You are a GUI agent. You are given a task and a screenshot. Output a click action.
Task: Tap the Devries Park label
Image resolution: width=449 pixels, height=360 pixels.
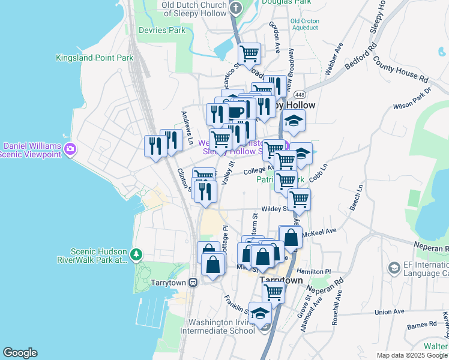coord(161,30)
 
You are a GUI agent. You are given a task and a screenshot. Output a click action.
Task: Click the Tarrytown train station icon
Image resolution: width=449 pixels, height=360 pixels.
coord(193,283)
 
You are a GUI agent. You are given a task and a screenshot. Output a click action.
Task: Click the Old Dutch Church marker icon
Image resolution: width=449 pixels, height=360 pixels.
coord(236,8)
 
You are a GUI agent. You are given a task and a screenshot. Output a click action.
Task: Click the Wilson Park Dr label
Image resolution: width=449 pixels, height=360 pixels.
coord(412,99)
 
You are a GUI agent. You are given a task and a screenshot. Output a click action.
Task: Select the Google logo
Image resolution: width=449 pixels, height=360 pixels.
coord(20,353)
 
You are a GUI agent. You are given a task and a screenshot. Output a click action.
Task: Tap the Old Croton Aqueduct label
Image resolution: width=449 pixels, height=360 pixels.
coord(304,24)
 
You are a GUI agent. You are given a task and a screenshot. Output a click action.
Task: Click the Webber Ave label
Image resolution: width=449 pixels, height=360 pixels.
coord(334,58)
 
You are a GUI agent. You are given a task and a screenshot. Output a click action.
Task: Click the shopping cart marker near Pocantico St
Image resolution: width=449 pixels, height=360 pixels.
coord(249,53)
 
